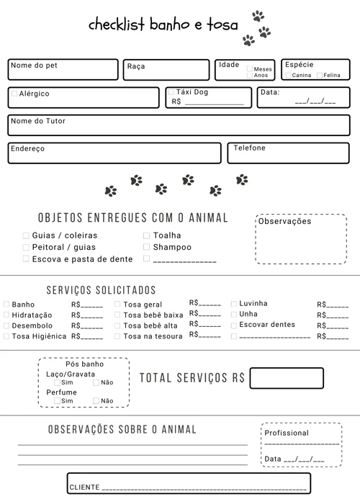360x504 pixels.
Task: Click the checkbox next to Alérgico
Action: point(14,94)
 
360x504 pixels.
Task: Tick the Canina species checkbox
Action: point(288,75)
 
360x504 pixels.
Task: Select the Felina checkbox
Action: point(319,75)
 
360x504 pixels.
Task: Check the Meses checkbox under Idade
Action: point(250,69)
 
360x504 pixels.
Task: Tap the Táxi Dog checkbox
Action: point(171,92)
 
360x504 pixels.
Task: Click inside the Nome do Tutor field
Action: point(180,128)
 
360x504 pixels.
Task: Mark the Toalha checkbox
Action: point(147,235)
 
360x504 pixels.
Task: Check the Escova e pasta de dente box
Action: point(26,258)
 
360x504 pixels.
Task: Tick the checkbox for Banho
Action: point(6,305)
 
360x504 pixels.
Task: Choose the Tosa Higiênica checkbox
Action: point(6,336)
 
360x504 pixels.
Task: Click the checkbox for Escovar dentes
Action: point(233,325)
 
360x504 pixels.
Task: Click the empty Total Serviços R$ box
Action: point(287,378)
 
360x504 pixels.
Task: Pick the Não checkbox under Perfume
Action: point(96,400)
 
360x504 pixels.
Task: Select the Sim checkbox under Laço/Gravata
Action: point(57,382)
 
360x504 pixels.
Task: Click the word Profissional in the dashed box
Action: point(287,433)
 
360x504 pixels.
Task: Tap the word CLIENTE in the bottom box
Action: point(84,487)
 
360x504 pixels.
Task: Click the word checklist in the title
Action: point(117,25)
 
